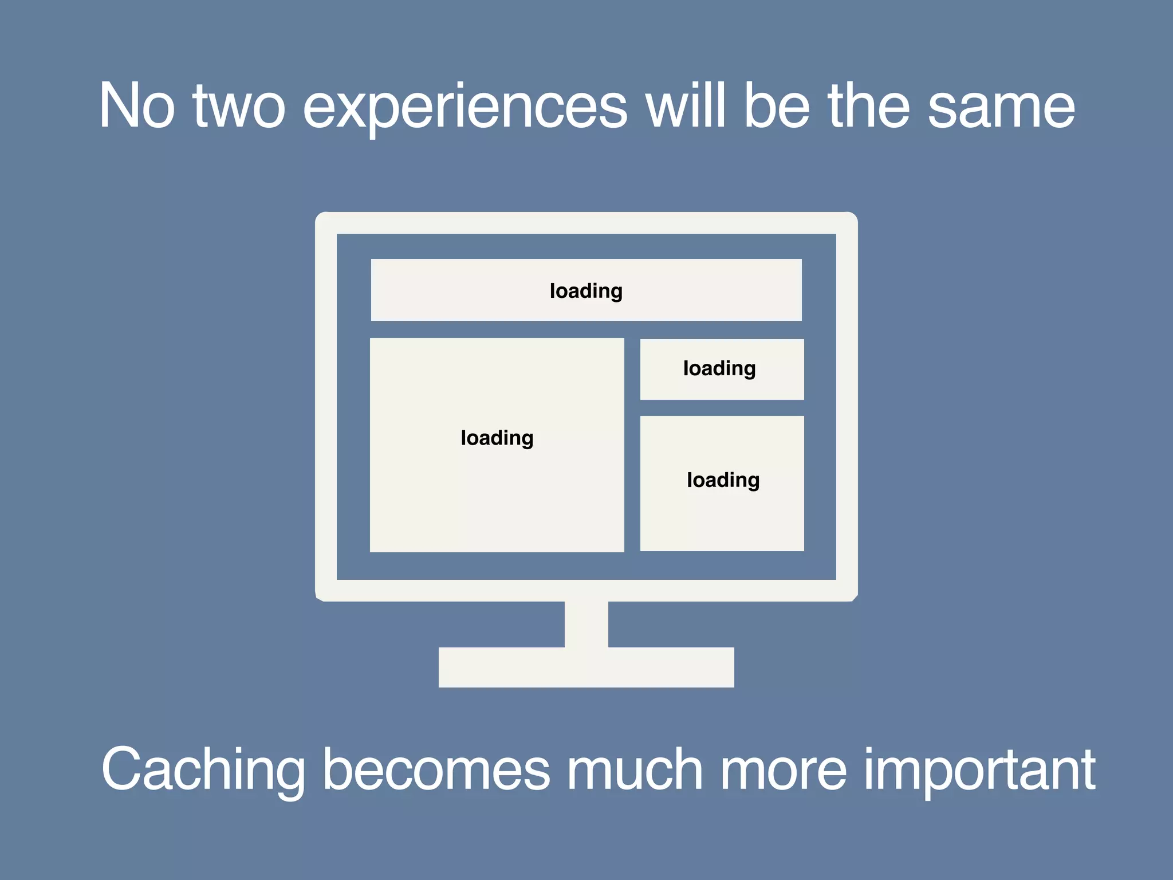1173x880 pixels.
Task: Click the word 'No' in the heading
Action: (136, 105)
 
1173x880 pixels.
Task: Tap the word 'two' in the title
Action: (238, 107)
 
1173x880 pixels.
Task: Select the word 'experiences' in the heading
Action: (465, 108)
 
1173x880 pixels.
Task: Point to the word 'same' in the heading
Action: (1001, 108)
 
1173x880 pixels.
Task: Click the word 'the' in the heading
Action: (869, 105)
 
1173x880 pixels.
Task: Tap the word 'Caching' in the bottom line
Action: (203, 771)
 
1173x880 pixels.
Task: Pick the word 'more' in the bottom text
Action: (783, 771)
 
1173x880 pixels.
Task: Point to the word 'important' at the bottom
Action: (979, 771)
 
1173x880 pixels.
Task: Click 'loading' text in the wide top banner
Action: (586, 291)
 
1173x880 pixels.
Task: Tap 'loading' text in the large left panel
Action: (497, 438)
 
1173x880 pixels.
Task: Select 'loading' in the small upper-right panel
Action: (719, 368)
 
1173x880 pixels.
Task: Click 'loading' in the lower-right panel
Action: (723, 480)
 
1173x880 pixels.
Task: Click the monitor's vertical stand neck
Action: (586, 624)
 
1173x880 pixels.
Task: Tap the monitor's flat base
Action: (586, 667)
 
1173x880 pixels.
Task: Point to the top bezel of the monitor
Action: (586, 223)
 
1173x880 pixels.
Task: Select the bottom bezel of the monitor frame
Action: (586, 591)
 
